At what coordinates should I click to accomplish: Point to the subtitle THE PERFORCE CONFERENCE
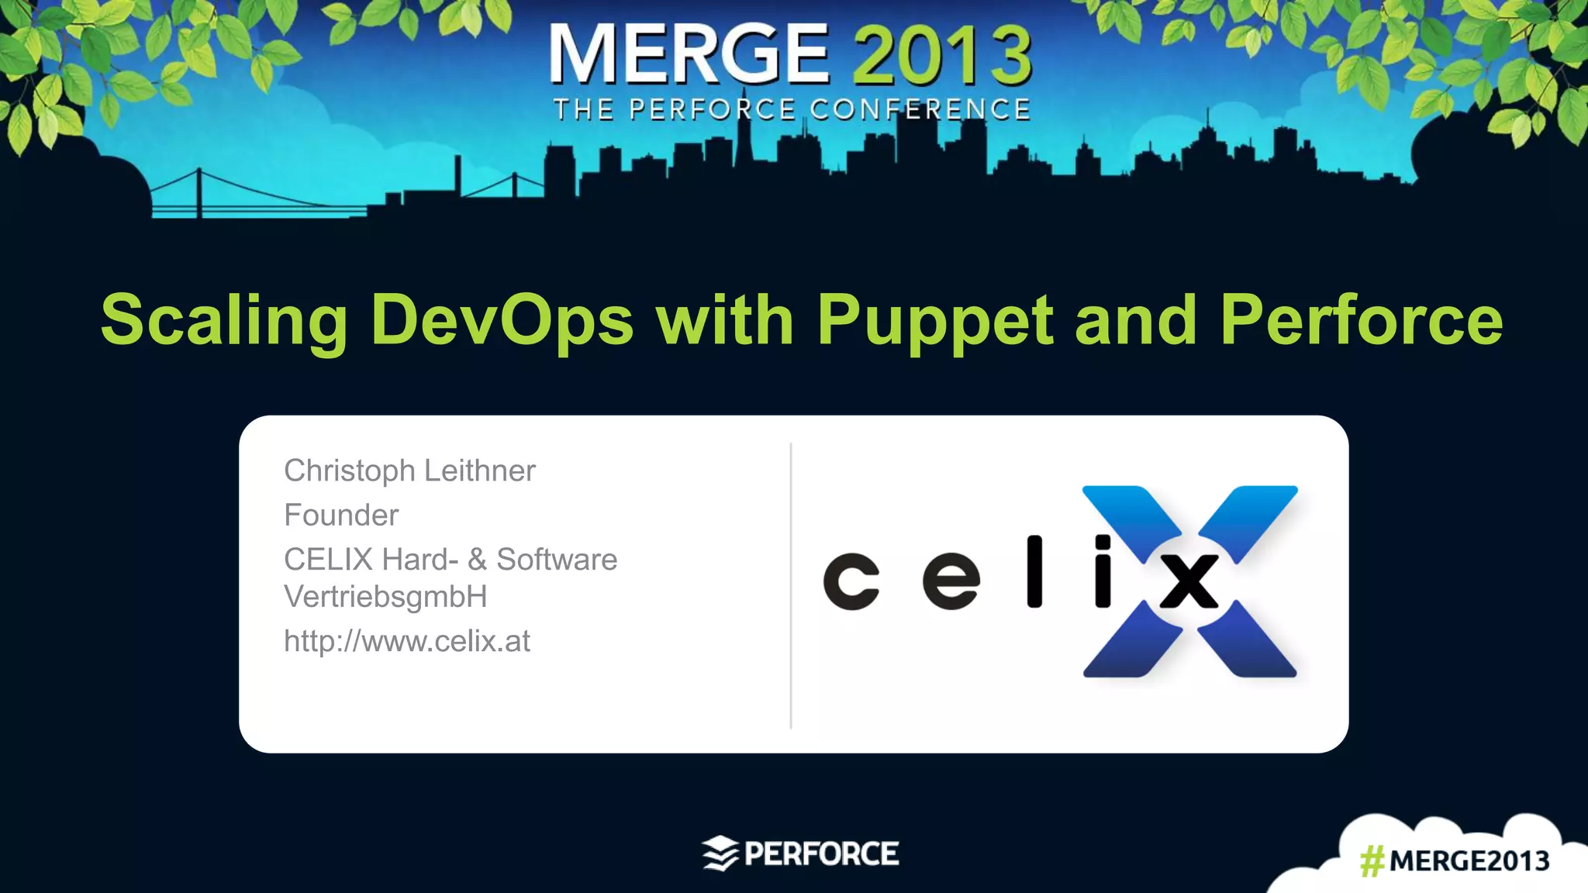(x=792, y=110)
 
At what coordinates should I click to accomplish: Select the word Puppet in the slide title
(x=934, y=321)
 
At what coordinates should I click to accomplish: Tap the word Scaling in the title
(x=224, y=321)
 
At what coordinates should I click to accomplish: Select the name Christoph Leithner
(x=409, y=471)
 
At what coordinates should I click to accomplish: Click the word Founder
(x=341, y=515)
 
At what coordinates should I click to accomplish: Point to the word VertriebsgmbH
(x=385, y=597)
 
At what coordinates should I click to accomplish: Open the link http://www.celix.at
(x=407, y=641)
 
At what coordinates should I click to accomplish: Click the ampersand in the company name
(x=477, y=560)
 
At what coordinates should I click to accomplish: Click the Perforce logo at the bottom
(x=801, y=853)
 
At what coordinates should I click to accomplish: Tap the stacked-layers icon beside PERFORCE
(x=720, y=853)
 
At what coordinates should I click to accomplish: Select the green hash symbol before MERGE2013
(x=1372, y=861)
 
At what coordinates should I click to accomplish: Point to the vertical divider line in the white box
(x=791, y=585)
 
